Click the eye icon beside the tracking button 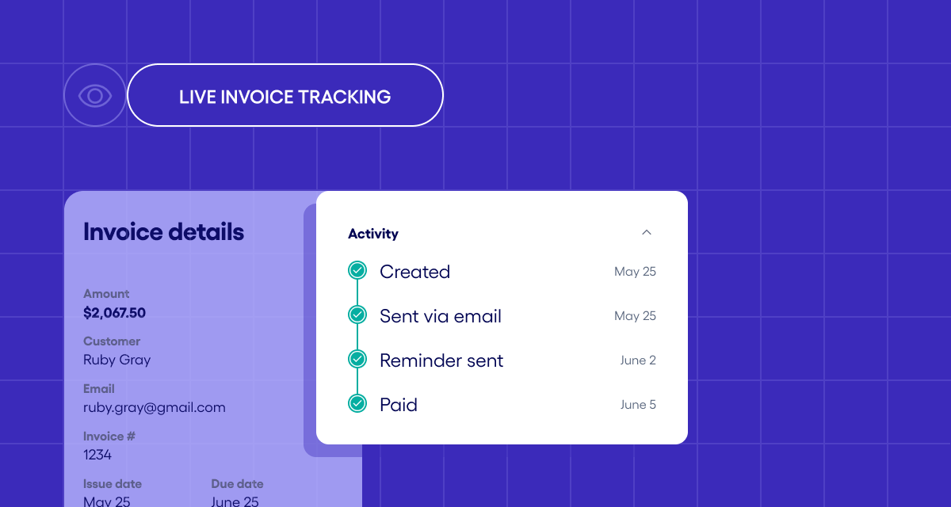[95, 96]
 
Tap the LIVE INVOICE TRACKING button [285, 96]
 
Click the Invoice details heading [163, 232]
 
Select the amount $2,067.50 [114, 313]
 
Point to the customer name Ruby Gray [116, 360]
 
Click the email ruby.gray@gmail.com [154, 407]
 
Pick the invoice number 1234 [97, 455]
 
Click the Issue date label [113, 483]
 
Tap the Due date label [237, 483]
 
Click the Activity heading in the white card [373, 234]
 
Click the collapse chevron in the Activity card [646, 232]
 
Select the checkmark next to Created [357, 271]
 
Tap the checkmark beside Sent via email [357, 315]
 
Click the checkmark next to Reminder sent [357, 360]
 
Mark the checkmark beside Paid [357, 404]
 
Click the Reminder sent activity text [441, 360]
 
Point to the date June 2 [638, 360]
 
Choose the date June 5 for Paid [638, 405]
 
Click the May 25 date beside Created [635, 272]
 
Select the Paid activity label [399, 405]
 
